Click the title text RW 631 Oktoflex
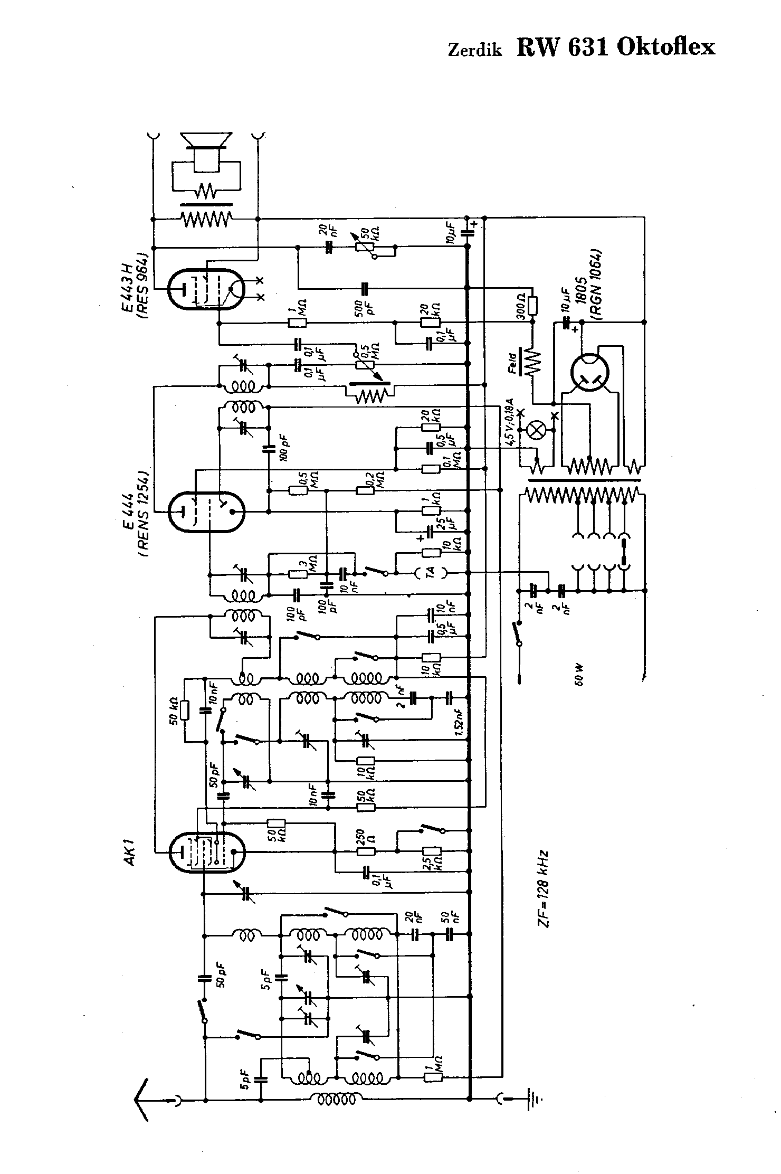pos(616,47)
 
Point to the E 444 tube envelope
pos(206,511)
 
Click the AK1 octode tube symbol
pos(206,851)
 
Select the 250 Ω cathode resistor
pos(366,850)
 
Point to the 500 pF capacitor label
pos(366,305)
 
